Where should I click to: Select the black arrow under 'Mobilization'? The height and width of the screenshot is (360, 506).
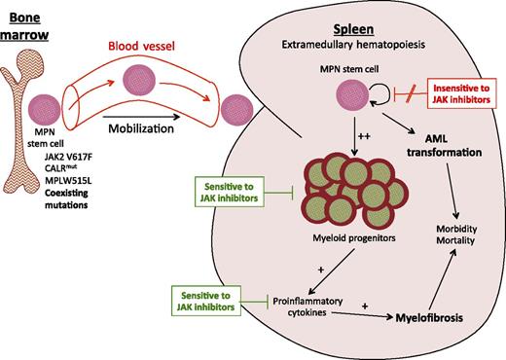click(x=141, y=126)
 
